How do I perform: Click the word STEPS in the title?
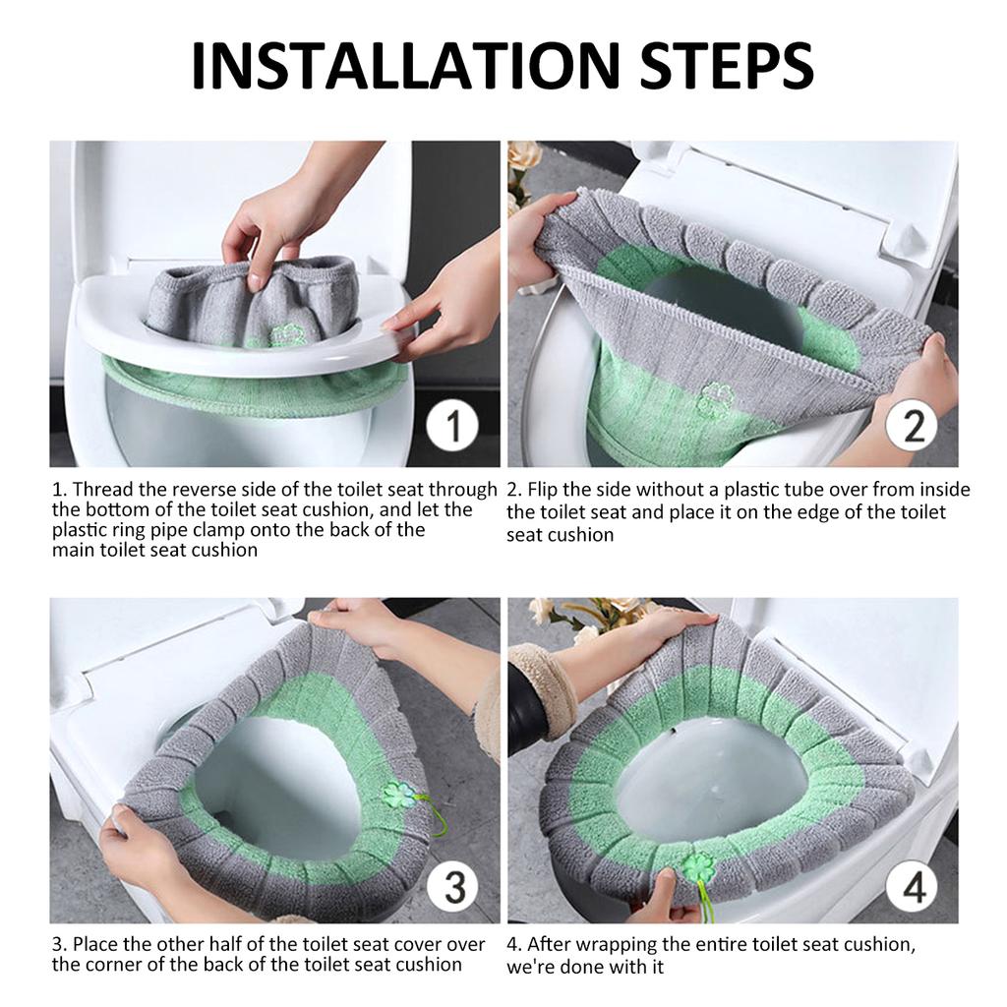click(728, 66)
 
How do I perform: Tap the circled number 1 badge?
click(452, 425)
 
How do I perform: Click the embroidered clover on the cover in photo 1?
click(284, 334)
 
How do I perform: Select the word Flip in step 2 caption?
click(543, 491)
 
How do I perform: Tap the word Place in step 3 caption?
click(97, 945)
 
